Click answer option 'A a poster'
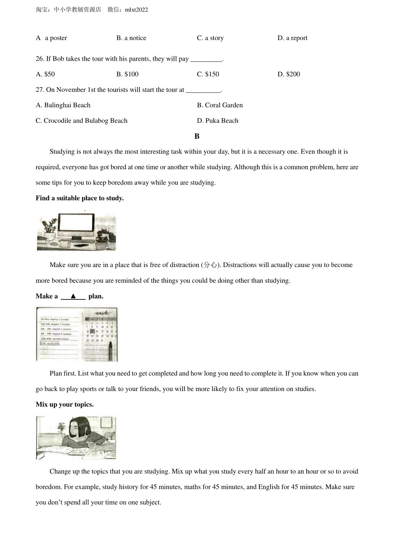[x=51, y=38]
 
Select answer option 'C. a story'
[x=210, y=38]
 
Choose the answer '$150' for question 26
[x=208, y=74]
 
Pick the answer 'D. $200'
[x=289, y=74]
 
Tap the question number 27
[x=40, y=90]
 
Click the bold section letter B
[x=197, y=136]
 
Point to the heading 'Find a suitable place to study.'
[x=80, y=198]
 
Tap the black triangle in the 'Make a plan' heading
[x=73, y=296]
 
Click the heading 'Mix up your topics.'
[x=65, y=404]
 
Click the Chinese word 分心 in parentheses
[x=210, y=265]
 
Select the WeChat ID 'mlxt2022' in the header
[x=137, y=10]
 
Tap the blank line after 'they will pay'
[x=206, y=59]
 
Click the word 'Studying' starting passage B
[x=62, y=152]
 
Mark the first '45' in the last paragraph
[x=153, y=487]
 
